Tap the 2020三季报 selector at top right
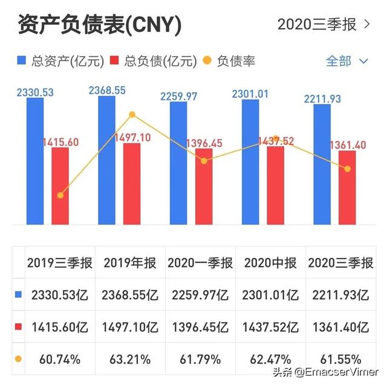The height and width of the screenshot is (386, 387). coord(324,25)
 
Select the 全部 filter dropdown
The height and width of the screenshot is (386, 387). coord(346,61)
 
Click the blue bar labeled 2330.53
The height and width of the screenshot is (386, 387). coord(35,161)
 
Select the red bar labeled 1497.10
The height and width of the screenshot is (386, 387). coord(132,184)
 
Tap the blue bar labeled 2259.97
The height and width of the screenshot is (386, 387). coord(178,163)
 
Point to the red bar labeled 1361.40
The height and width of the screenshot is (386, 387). coord(347,187)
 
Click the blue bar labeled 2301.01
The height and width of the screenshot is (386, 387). coord(250,162)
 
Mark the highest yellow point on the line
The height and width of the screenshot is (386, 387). coord(132,115)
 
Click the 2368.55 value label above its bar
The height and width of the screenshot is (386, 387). coord(107,91)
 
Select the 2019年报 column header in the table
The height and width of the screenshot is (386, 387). coord(130,263)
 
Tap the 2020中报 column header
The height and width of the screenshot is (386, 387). coord(270,263)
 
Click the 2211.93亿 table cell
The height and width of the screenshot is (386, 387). coord(339,295)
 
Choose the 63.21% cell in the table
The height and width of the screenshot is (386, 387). coord(130,360)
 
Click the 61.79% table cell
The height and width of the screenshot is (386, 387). coord(200,360)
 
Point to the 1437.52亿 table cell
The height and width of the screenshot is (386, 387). coord(270,327)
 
